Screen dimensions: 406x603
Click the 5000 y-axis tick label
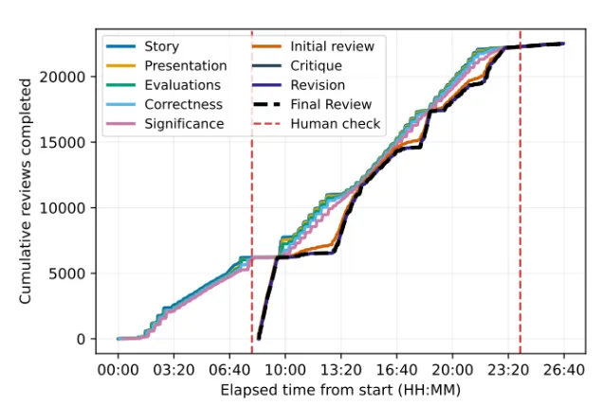tap(76, 274)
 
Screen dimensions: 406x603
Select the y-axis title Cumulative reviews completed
tap(27, 191)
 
